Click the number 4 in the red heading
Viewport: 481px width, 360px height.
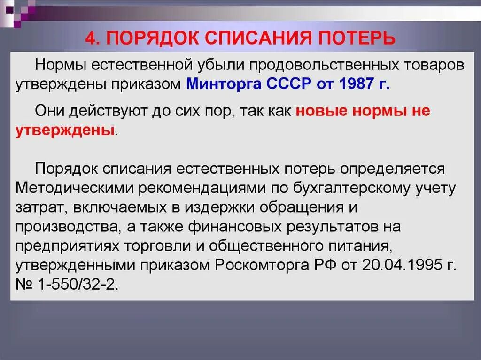[x=90, y=37]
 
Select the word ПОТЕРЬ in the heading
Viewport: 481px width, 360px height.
[x=359, y=37]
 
